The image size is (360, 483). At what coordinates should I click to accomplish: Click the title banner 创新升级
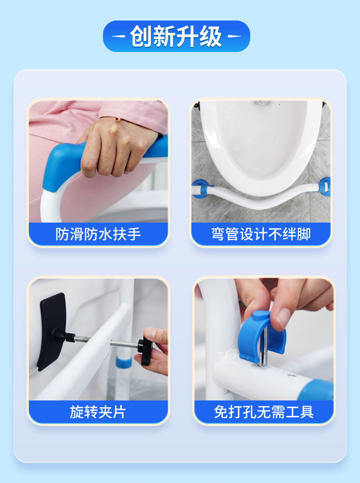176,36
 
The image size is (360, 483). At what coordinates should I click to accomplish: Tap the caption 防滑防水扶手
98,234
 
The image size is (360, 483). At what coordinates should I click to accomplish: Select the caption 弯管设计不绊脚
261,234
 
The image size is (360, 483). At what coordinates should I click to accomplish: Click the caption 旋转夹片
98,412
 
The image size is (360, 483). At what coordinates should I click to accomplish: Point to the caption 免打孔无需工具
264,412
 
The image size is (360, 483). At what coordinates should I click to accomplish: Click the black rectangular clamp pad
51,331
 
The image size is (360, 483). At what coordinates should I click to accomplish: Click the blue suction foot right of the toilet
324,187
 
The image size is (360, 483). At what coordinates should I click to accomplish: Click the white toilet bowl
260,145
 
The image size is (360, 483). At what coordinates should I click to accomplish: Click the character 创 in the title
141,36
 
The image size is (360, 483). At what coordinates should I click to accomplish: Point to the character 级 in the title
211,36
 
